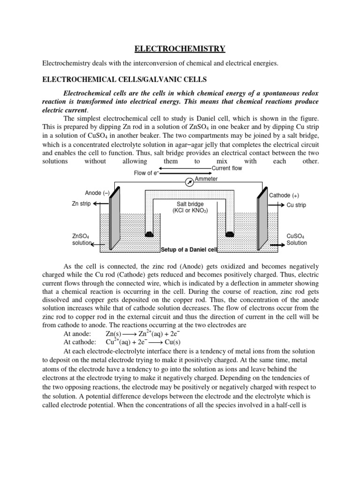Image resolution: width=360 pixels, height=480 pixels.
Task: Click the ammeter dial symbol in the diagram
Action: [189, 180]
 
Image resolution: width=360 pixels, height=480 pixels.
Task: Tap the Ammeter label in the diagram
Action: [206, 179]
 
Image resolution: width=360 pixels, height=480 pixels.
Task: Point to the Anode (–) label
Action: [97, 193]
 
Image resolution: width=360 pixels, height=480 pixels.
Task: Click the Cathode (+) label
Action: [284, 195]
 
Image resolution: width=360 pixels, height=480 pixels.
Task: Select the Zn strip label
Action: [82, 204]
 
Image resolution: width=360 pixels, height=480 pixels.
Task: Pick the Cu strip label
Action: [296, 205]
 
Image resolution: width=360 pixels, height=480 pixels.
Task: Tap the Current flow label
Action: [227, 168]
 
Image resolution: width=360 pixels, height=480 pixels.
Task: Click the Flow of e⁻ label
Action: [147, 173]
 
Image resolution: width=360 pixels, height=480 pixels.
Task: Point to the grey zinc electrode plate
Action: [114, 220]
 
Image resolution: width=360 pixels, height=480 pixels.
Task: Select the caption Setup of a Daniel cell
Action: [186, 249]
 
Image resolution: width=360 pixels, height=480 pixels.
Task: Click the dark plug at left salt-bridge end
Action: [149, 233]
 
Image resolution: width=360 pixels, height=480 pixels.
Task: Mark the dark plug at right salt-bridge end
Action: [230, 233]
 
